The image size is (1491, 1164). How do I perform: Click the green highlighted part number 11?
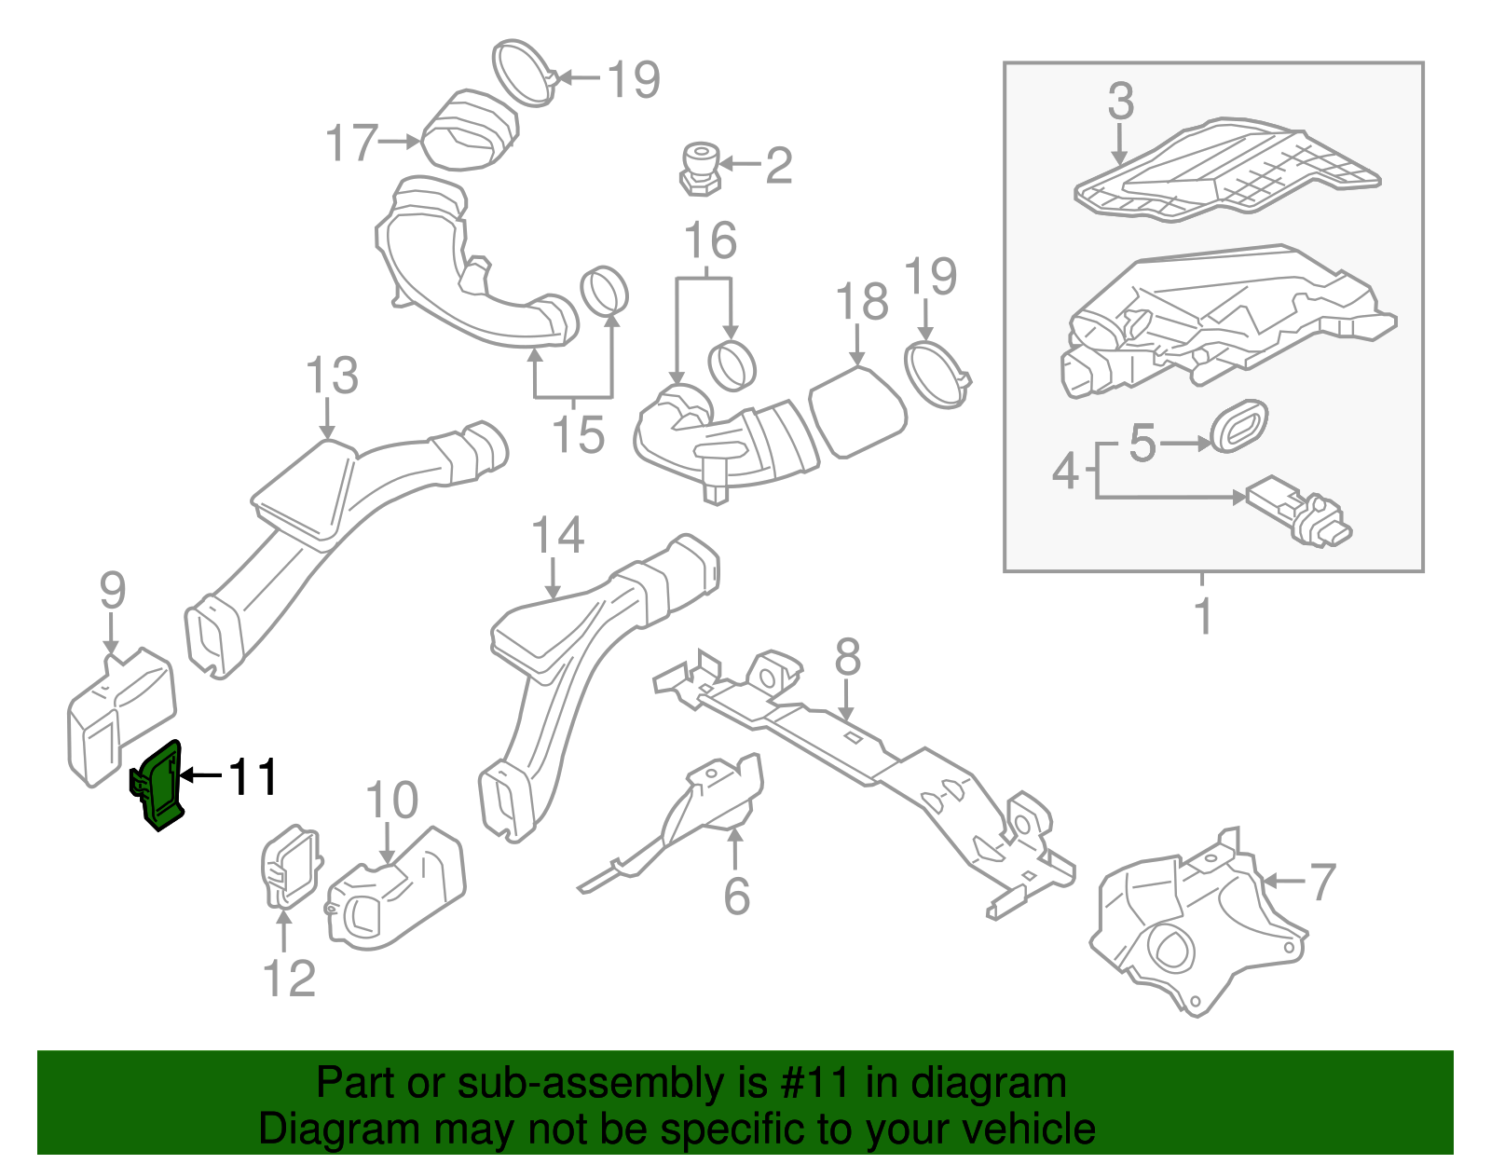158,786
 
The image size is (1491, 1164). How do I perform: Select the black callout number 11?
253,776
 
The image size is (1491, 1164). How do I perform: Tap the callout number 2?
778,165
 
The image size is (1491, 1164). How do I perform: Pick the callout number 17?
350,143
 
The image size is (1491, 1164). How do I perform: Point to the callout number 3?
1120,101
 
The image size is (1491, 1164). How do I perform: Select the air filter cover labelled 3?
1225,170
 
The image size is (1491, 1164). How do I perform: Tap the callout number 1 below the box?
1203,616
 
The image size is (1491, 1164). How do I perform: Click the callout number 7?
1322,881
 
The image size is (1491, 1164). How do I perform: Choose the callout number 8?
847,657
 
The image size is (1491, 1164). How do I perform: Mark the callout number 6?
736,896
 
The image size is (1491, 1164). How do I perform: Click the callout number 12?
289,979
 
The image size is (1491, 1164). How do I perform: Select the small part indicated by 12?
290,868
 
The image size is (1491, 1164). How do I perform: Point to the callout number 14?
557,536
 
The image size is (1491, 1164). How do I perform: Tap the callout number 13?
332,376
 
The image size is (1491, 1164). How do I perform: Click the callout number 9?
112,590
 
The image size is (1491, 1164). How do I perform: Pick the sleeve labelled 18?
857,413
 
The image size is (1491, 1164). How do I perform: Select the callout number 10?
391,801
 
